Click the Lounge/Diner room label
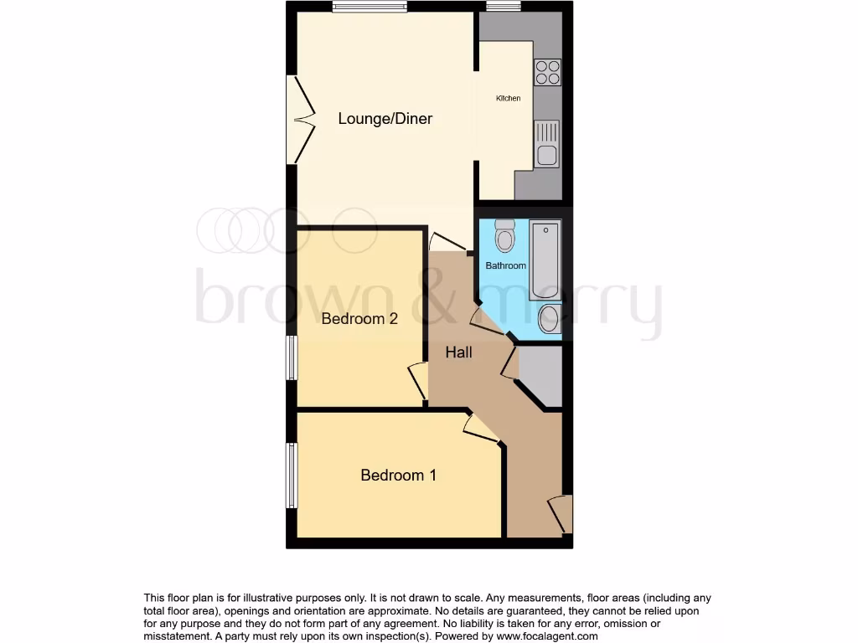pos(385,119)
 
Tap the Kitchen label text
pos(508,99)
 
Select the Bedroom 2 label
pos(359,319)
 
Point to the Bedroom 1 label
pos(398,476)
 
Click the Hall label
pos(458,352)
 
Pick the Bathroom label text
pos(506,266)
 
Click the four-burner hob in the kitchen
pos(547,73)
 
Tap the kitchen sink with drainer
pos(546,144)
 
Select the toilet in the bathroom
pos(504,236)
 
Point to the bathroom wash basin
pos(549,318)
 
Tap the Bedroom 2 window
pos(292,358)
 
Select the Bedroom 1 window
pos(292,476)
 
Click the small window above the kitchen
pos(503,8)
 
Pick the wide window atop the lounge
pos(370,8)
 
